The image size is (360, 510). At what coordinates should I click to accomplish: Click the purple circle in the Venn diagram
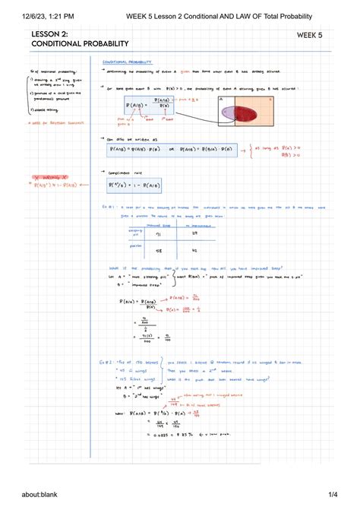click(226, 112)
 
